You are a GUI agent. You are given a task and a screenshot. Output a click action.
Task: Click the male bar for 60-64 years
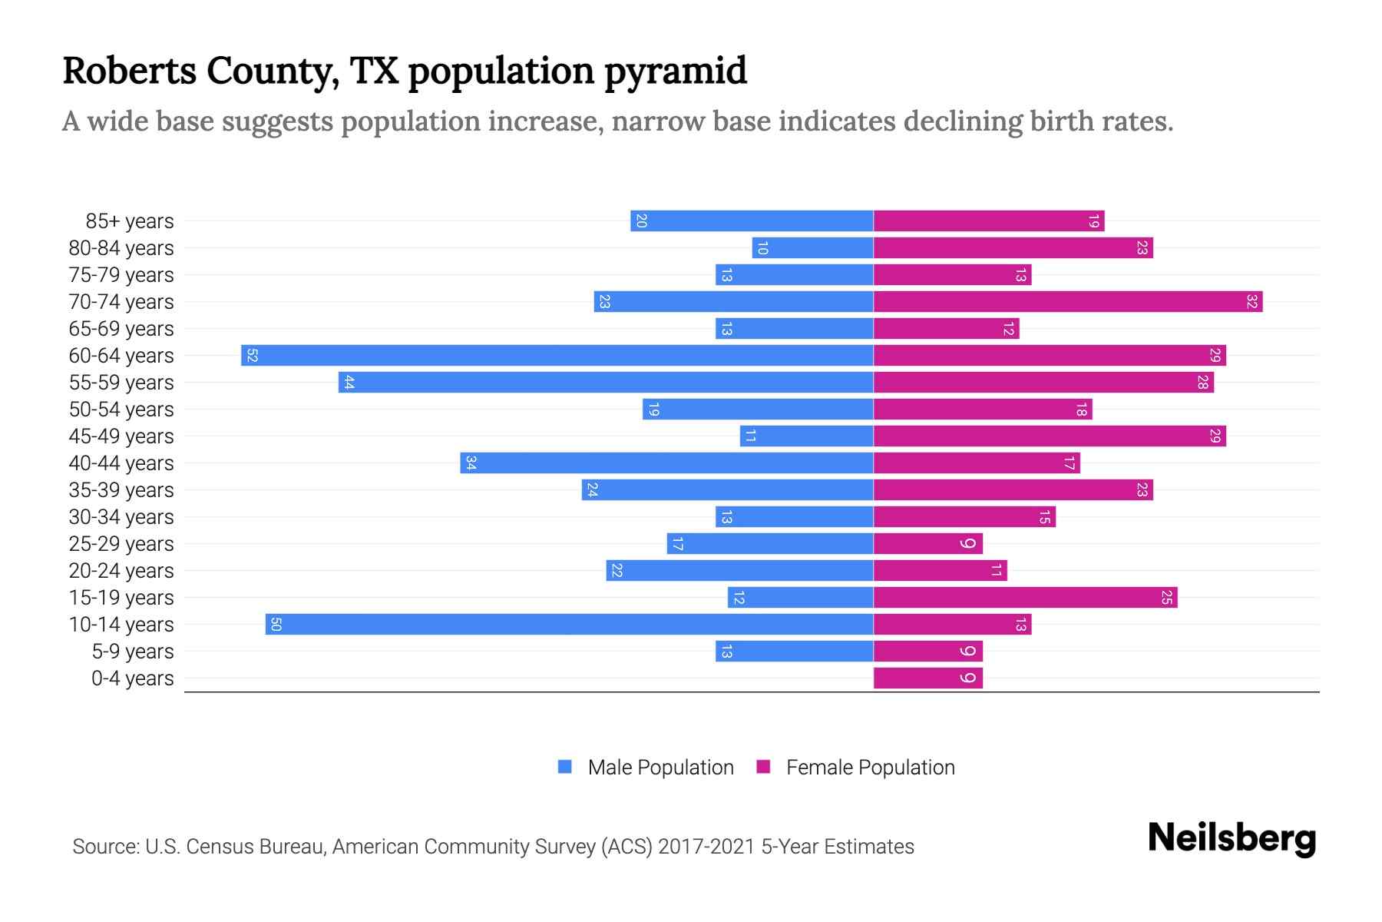click(x=557, y=356)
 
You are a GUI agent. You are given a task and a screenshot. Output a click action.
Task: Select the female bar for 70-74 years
click(x=1067, y=302)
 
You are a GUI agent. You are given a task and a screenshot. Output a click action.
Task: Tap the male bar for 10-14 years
click(x=569, y=625)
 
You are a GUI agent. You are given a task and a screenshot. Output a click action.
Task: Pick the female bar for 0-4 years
click(x=927, y=678)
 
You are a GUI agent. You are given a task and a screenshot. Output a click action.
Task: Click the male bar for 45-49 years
click(x=806, y=436)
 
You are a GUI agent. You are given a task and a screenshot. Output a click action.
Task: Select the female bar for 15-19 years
click(x=1025, y=598)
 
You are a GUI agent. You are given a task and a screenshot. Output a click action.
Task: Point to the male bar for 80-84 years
click(x=812, y=248)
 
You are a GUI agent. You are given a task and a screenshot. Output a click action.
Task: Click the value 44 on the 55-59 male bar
click(x=349, y=383)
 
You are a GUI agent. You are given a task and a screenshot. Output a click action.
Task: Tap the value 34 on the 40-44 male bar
click(x=471, y=463)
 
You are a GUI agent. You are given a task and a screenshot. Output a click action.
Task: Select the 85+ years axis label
click(x=129, y=221)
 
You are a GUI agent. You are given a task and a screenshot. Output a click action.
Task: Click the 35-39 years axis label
click(x=121, y=490)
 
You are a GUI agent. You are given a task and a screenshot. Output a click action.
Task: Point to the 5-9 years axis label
click(x=133, y=652)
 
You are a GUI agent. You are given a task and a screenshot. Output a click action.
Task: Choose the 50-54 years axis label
click(x=121, y=410)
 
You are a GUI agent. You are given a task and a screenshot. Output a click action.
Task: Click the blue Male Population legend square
click(x=565, y=767)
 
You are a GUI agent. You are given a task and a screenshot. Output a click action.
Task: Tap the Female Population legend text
click(x=870, y=768)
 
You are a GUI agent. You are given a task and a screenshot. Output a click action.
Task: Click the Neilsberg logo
click(x=1232, y=838)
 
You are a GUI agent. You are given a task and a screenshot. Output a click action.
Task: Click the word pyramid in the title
click(x=675, y=71)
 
